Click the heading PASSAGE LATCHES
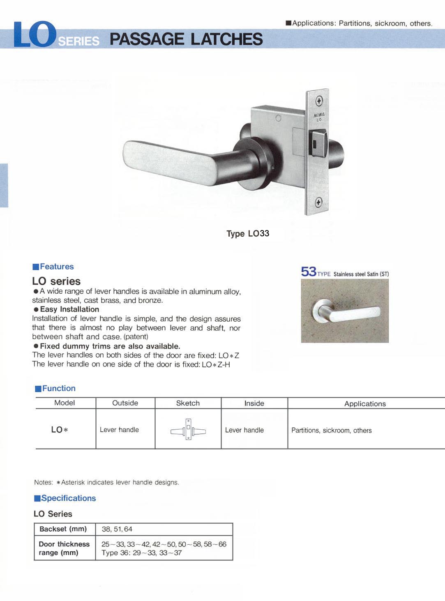pos(186,39)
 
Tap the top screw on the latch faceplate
pos(319,101)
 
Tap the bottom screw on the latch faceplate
pos(318,202)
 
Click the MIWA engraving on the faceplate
pos(319,115)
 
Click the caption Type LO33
pos(248,234)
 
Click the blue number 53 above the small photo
pos(309,272)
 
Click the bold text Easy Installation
pos(69,309)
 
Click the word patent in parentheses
pos(136,337)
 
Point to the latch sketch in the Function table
pos(188,430)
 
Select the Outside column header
pos(125,403)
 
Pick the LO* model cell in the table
pos(60,430)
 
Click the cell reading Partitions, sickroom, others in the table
pos(331,431)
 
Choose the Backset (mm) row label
pos(63,529)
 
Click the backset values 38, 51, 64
pos(117,529)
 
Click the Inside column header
pos(254,403)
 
